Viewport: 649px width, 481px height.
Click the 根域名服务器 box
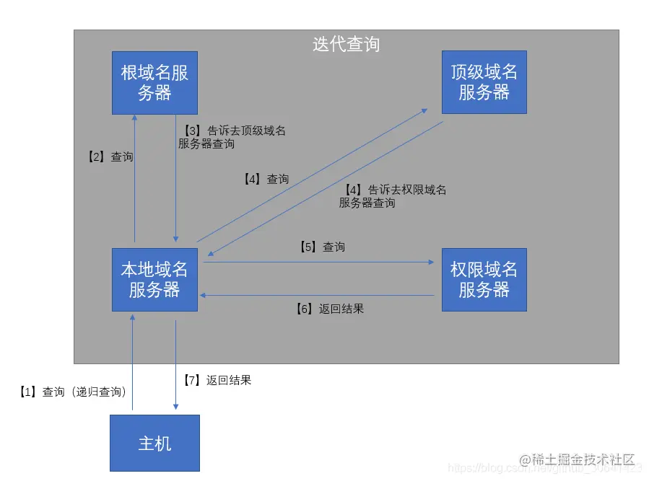(x=154, y=82)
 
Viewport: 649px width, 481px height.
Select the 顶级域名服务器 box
(x=484, y=82)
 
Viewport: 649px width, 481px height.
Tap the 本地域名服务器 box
(x=154, y=280)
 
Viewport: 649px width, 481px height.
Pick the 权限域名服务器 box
(x=484, y=280)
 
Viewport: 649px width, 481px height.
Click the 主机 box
(x=154, y=443)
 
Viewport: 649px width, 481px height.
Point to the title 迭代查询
(x=346, y=44)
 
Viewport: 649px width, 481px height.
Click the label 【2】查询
(x=106, y=156)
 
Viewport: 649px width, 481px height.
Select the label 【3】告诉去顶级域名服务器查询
(x=232, y=137)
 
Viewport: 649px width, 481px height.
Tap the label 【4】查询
(x=266, y=179)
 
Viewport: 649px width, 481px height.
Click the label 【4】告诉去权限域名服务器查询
(x=393, y=196)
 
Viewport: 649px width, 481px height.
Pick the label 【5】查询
(x=322, y=247)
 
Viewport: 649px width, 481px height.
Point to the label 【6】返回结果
(x=329, y=309)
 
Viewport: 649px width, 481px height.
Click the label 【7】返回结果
(x=217, y=379)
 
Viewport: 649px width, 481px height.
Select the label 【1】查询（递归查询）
(x=73, y=392)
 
